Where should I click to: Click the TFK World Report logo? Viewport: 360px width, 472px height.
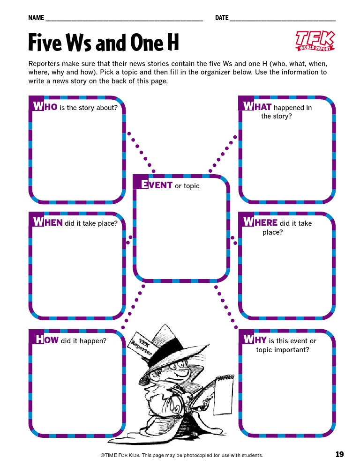pyautogui.click(x=315, y=40)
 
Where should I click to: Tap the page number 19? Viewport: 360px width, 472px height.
pyautogui.click(x=340, y=454)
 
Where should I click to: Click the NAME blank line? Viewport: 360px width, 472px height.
pyautogui.click(x=124, y=19)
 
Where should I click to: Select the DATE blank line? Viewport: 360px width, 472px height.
pyautogui.click(x=283, y=19)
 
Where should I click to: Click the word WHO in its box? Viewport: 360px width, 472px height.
pyautogui.click(x=45, y=107)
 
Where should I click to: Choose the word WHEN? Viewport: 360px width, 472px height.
pyautogui.click(x=48, y=222)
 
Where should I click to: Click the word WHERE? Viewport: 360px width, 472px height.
pyautogui.click(x=260, y=222)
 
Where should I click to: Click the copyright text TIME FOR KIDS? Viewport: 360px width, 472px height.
pyautogui.click(x=121, y=455)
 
